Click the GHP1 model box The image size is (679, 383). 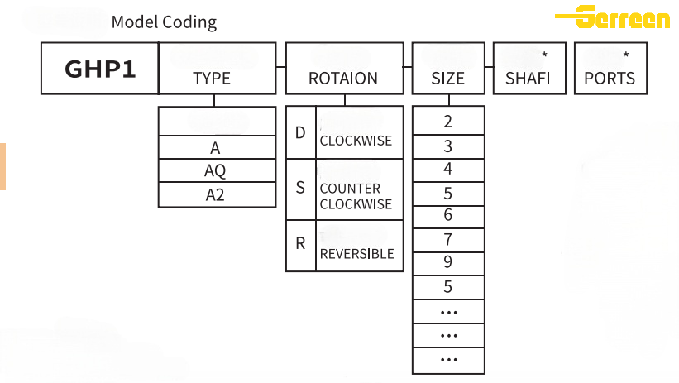click(x=99, y=69)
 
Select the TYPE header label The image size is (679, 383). click(x=212, y=79)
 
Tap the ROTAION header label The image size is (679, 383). click(x=342, y=79)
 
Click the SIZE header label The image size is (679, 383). click(x=447, y=79)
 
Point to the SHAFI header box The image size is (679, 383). click(x=528, y=69)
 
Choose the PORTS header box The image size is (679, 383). click(x=610, y=69)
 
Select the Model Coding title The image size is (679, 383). click(x=164, y=22)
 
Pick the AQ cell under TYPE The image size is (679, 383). click(x=215, y=171)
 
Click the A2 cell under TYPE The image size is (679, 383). click(x=215, y=195)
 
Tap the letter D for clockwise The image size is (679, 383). click(x=300, y=132)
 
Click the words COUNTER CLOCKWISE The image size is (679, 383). click(x=356, y=196)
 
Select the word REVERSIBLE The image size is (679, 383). click(x=356, y=254)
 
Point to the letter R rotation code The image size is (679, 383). click(x=300, y=244)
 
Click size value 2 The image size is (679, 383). click(x=447, y=122)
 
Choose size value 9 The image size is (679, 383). click(x=447, y=263)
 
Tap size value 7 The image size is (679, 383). click(x=447, y=240)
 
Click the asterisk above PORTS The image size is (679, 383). click(x=626, y=55)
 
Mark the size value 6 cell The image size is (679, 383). click(x=447, y=216)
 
